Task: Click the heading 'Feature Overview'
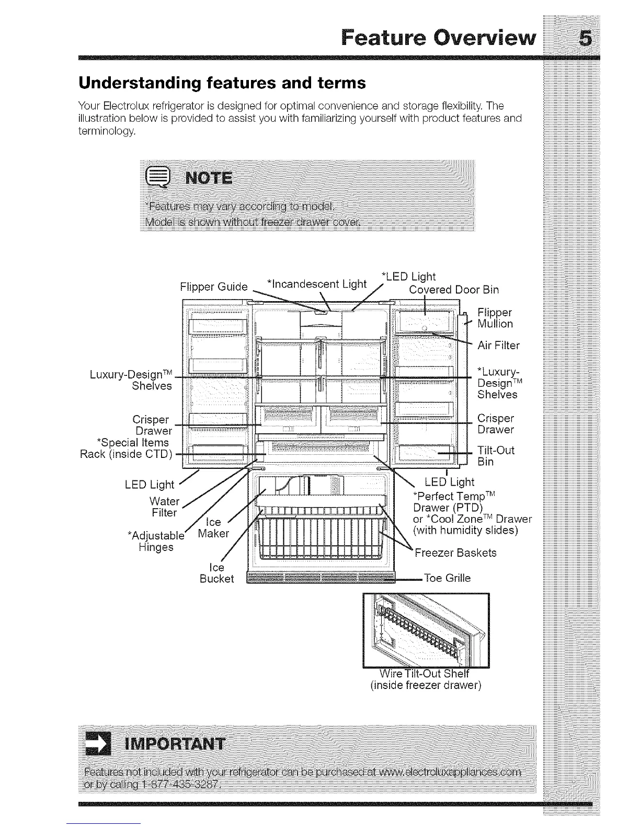tap(438, 38)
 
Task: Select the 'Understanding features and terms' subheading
tap(222, 83)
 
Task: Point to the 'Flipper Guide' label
tap(213, 287)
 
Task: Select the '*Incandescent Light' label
tap(316, 284)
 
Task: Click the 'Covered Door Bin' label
tap(454, 290)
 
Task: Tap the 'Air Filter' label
tap(498, 346)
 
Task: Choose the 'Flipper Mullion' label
tap(495, 318)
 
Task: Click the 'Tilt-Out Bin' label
tap(496, 456)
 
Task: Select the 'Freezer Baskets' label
tap(455, 553)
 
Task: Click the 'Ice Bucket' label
tap(216, 573)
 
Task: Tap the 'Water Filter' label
tap(164, 507)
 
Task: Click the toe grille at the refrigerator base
tap(320, 578)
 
